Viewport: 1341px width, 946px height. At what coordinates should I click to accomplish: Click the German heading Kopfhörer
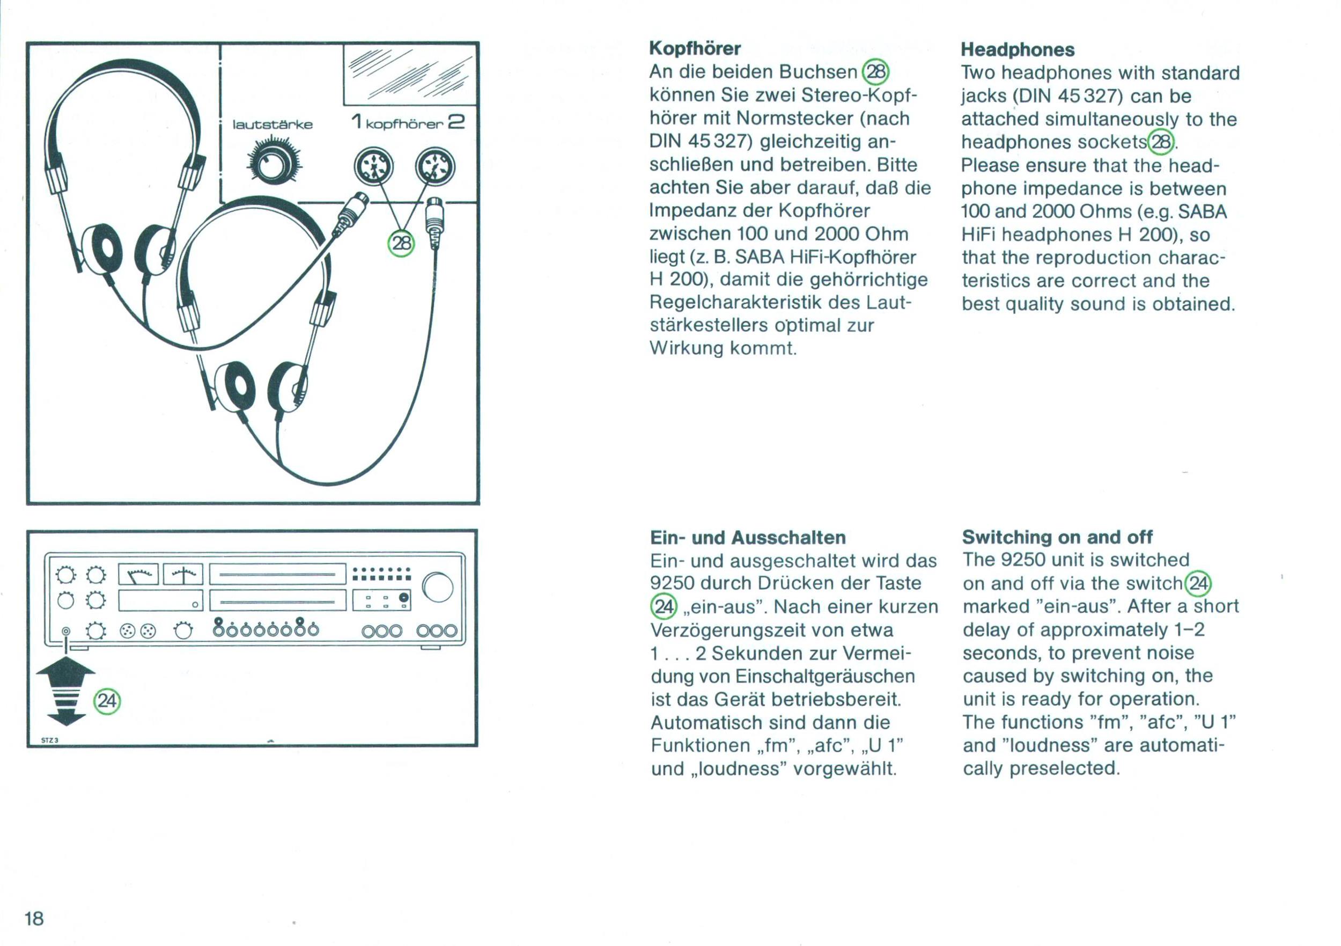coord(695,48)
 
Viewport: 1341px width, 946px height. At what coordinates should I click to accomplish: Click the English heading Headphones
coord(1018,50)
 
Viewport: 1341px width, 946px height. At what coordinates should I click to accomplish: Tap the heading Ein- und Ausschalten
coord(748,537)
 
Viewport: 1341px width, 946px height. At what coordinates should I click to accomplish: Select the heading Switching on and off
coord(1057,537)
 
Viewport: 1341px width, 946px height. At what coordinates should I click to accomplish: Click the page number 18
coord(34,919)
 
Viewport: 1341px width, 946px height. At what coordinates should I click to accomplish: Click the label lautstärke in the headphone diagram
coord(272,125)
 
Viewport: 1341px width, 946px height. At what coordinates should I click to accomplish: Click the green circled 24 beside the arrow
coord(107,701)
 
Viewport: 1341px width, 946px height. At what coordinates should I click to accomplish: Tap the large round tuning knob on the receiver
coord(438,588)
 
